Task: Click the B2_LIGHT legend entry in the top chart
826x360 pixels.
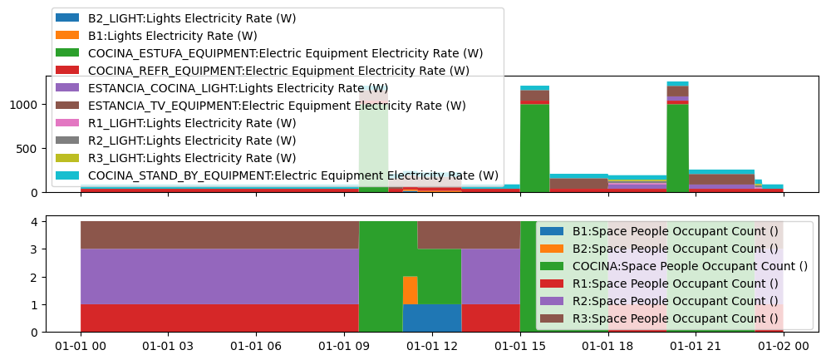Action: [x=191, y=18]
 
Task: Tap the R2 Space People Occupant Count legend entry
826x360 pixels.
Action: [x=675, y=301]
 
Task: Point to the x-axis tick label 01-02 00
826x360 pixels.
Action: [x=784, y=346]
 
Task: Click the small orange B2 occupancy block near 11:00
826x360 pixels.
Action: [x=410, y=290]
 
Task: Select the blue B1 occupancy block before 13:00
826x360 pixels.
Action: [x=432, y=318]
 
